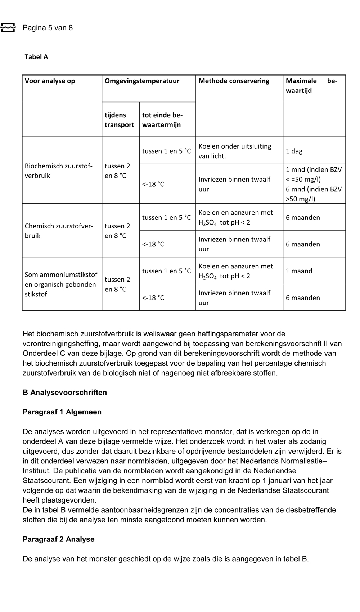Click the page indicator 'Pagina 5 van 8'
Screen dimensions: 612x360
(48, 28)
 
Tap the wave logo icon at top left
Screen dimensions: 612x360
(8, 27)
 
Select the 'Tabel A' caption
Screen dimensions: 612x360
(36, 57)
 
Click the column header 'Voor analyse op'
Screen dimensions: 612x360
(50, 81)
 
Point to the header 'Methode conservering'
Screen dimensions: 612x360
(234, 81)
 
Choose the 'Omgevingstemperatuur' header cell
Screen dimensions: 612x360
(142, 81)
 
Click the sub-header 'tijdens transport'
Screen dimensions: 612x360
(119, 120)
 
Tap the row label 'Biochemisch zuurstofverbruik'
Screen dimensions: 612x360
(58, 171)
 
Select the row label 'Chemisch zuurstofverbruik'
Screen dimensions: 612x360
(59, 231)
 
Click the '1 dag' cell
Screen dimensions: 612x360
(294, 151)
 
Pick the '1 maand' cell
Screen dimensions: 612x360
(299, 271)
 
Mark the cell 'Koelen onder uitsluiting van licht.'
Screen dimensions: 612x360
(235, 151)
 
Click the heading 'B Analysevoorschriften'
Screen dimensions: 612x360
(65, 393)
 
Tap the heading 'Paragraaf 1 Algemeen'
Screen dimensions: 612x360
(62, 412)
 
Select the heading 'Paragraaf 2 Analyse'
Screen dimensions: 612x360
(58, 539)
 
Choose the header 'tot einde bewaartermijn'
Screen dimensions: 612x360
(162, 120)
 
